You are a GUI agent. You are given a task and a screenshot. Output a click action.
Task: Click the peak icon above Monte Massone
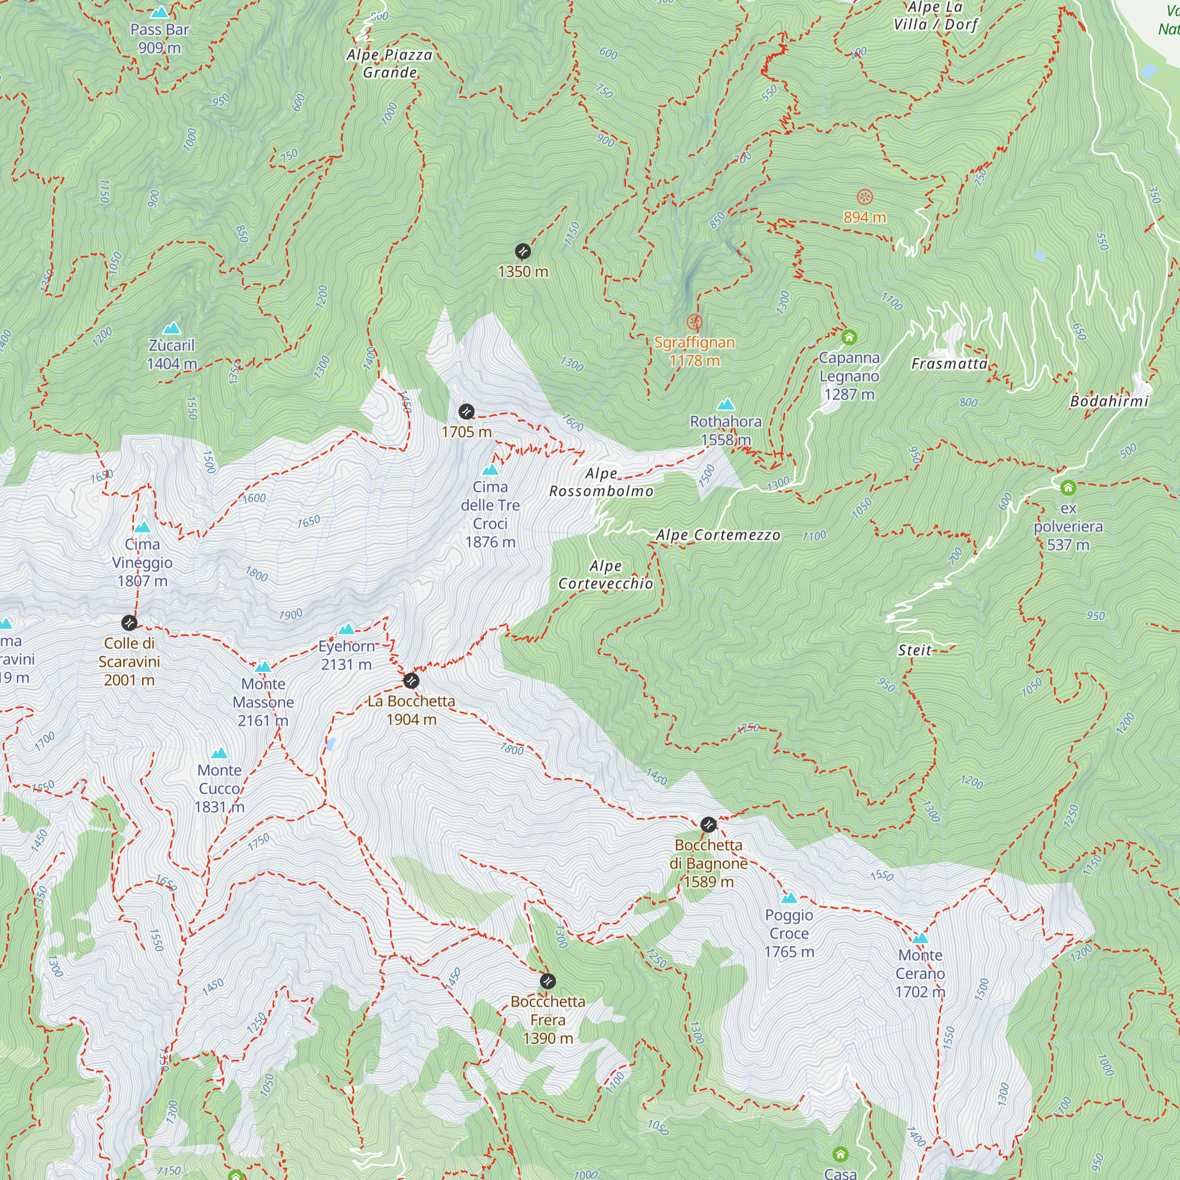[263, 666]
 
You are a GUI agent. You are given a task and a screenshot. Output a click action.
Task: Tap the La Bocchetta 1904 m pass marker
[411, 680]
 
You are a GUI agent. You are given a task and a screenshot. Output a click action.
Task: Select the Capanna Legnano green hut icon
[849, 336]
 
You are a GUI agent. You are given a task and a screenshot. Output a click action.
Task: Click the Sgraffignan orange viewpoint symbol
[694, 322]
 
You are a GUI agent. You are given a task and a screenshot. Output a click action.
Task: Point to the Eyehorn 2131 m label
[346, 655]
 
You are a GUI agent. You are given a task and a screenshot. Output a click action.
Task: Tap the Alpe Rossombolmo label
[601, 483]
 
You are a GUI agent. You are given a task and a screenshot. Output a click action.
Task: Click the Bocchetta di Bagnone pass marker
[708, 825]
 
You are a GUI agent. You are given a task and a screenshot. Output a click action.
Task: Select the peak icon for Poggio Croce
[789, 898]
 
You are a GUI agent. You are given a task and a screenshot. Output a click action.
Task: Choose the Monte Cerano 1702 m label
[920, 973]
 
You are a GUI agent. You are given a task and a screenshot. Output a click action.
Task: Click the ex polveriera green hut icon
[1068, 487]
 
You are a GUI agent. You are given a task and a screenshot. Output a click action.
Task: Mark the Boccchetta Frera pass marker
[548, 981]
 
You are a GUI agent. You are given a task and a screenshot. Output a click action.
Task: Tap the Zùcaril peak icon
[172, 329]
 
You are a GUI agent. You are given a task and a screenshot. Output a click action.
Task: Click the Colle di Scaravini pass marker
[129, 622]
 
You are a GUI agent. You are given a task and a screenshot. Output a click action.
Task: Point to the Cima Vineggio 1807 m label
[142, 562]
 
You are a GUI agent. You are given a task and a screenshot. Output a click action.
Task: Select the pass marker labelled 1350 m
[522, 251]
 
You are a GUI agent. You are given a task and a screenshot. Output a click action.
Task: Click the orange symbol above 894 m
[864, 196]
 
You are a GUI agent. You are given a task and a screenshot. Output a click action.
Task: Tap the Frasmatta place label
[949, 364]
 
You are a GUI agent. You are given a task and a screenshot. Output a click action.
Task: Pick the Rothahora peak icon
[726, 404]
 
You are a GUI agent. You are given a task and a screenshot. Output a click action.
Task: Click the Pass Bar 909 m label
[159, 38]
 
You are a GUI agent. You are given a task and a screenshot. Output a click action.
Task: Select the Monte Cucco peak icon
[219, 753]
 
